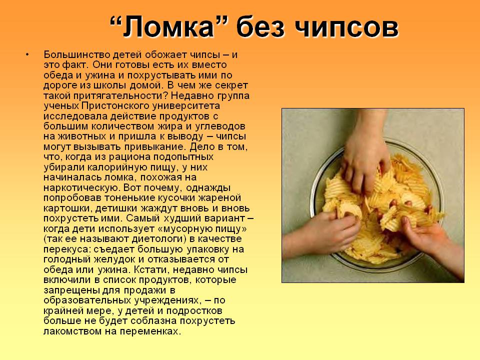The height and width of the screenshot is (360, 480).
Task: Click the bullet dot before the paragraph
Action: (27, 55)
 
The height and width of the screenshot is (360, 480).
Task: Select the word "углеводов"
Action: (220, 126)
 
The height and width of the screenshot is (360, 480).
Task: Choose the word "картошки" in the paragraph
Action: (67, 208)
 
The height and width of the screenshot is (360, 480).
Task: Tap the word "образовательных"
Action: (87, 300)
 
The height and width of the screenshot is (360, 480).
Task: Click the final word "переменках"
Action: (149, 331)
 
